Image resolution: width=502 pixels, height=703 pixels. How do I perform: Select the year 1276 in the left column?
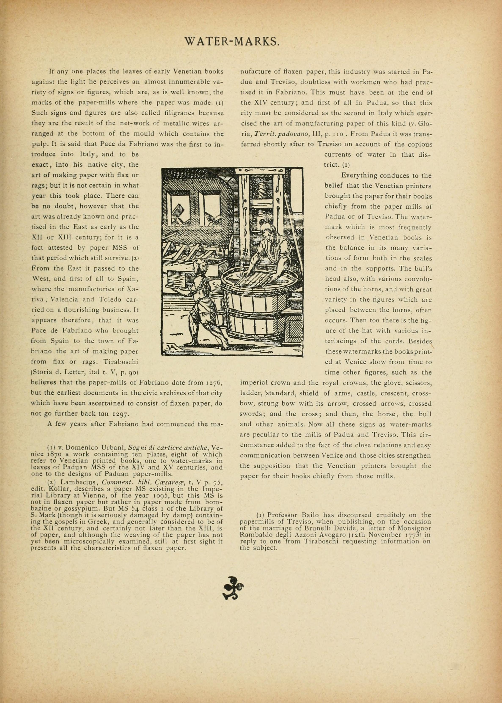coord(213,383)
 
